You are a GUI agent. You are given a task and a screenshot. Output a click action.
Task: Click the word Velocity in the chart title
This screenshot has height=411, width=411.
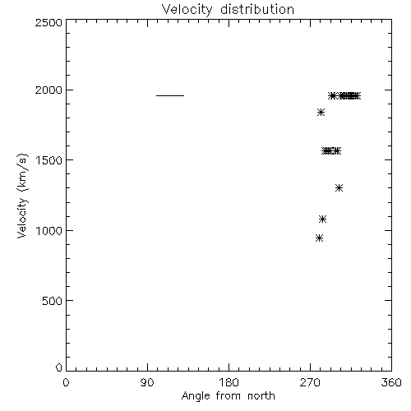click(x=187, y=10)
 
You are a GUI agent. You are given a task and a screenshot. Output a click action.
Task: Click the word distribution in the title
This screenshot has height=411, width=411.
click(x=257, y=9)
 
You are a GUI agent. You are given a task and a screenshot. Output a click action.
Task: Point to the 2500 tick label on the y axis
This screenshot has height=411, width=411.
click(x=48, y=22)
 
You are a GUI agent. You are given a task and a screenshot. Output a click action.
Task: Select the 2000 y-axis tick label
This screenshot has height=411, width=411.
click(x=48, y=90)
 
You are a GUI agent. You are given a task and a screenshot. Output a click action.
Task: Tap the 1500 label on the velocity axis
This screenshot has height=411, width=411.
click(x=49, y=160)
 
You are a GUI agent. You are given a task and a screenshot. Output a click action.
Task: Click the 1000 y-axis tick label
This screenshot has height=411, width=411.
click(x=49, y=231)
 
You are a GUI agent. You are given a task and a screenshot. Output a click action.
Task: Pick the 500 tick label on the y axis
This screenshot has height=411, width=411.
click(x=53, y=301)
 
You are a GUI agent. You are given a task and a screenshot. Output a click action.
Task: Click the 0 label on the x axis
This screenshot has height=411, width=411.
click(x=66, y=382)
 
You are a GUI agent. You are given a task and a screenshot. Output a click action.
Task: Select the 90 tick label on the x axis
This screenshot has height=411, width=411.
click(x=147, y=382)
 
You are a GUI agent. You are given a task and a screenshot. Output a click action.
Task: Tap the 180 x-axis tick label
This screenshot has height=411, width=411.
click(x=229, y=382)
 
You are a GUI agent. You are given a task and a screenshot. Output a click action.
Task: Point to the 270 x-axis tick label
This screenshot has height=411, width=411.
click(x=310, y=382)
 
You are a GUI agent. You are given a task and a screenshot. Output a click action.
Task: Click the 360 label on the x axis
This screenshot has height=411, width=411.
click(x=391, y=382)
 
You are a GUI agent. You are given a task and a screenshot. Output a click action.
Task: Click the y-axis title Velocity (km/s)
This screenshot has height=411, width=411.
click(x=22, y=196)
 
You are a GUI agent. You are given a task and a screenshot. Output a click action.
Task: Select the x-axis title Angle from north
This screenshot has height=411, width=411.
click(x=229, y=396)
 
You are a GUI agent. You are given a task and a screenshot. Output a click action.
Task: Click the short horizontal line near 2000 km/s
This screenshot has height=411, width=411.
click(x=170, y=95)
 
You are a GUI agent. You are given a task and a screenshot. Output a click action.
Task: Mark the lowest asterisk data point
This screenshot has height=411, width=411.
click(x=319, y=238)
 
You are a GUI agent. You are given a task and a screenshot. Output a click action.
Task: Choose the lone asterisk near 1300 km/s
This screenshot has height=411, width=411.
click(x=339, y=187)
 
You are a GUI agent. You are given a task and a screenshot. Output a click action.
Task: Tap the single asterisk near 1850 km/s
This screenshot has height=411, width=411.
click(x=321, y=113)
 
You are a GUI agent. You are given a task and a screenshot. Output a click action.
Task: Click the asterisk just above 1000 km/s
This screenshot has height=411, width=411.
click(x=323, y=219)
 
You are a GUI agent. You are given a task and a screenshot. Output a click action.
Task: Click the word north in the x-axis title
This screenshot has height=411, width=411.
click(x=261, y=396)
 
